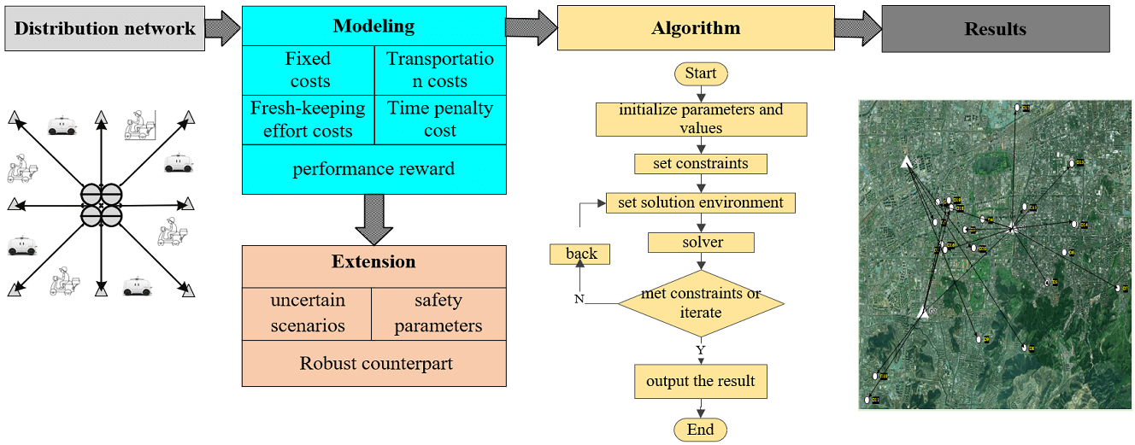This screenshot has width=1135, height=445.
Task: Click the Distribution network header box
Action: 105,29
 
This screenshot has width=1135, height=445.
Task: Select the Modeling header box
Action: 373,26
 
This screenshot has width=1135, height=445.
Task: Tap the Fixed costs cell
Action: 309,70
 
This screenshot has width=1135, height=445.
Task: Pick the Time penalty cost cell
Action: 440,120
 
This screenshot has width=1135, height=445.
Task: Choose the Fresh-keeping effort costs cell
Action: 308,120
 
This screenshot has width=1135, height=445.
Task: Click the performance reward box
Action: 373,169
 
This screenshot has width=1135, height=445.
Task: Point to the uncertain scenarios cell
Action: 308,313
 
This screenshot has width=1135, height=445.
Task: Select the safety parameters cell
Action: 438,313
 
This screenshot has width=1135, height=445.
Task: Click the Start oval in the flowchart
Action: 701,73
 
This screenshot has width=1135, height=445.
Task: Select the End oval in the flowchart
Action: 700,430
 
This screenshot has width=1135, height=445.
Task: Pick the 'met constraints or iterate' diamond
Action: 700,303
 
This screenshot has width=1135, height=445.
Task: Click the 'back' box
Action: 581,254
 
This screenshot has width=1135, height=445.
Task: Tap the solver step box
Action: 701,243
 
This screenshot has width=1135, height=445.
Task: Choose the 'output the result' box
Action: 700,381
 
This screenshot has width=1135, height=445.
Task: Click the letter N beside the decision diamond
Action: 579,300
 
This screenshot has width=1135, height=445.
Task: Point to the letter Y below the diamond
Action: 700,350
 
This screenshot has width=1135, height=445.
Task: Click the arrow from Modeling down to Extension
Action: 373,218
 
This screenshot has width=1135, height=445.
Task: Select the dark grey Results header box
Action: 995,29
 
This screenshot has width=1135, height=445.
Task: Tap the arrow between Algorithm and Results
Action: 857,27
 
